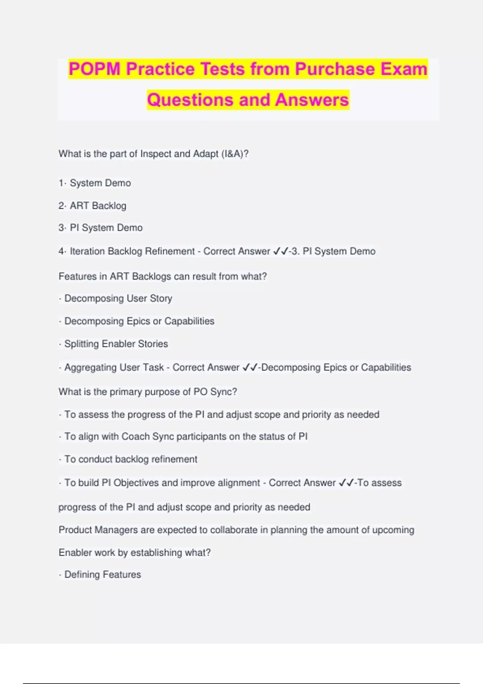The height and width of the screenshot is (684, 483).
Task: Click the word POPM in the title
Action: tap(94, 69)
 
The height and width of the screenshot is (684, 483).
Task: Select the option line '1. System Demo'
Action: tap(95, 183)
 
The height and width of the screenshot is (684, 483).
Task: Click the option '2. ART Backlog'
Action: tap(93, 206)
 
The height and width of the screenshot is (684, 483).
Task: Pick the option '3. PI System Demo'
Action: tap(101, 228)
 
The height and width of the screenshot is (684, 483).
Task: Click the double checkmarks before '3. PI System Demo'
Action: tap(281, 251)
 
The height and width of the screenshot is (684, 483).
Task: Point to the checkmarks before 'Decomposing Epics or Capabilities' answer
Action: tap(250, 367)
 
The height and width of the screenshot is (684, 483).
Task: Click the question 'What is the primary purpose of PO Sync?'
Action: tap(148, 392)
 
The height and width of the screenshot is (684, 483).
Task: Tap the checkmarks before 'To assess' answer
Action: tap(346, 483)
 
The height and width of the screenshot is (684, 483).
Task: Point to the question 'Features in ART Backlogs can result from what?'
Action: tap(163, 276)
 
